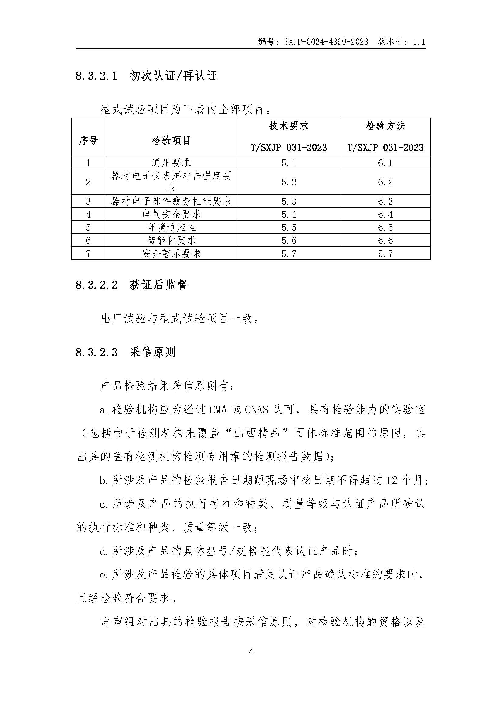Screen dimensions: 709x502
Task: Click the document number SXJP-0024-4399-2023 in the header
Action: [x=326, y=42]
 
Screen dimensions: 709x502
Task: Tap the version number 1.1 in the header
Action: [x=419, y=42]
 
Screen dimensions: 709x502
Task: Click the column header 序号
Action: [x=88, y=141]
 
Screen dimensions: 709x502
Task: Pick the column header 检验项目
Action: [x=171, y=141]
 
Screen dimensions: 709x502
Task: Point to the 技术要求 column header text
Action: [x=289, y=126]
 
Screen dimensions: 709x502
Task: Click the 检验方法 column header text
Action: [x=385, y=126]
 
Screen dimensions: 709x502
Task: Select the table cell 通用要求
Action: [x=171, y=162]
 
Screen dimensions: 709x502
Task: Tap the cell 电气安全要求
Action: [x=171, y=214]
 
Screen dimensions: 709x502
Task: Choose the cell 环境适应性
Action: [x=171, y=227]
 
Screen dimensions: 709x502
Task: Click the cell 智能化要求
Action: [x=171, y=240]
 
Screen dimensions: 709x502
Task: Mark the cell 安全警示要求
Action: [x=171, y=253]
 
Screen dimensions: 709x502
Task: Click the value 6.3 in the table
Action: [x=385, y=201]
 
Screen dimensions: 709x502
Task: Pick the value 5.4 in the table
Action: [x=289, y=214]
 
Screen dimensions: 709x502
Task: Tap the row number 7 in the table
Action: [x=88, y=253]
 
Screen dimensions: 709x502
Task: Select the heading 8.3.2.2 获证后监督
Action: [x=132, y=285]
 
